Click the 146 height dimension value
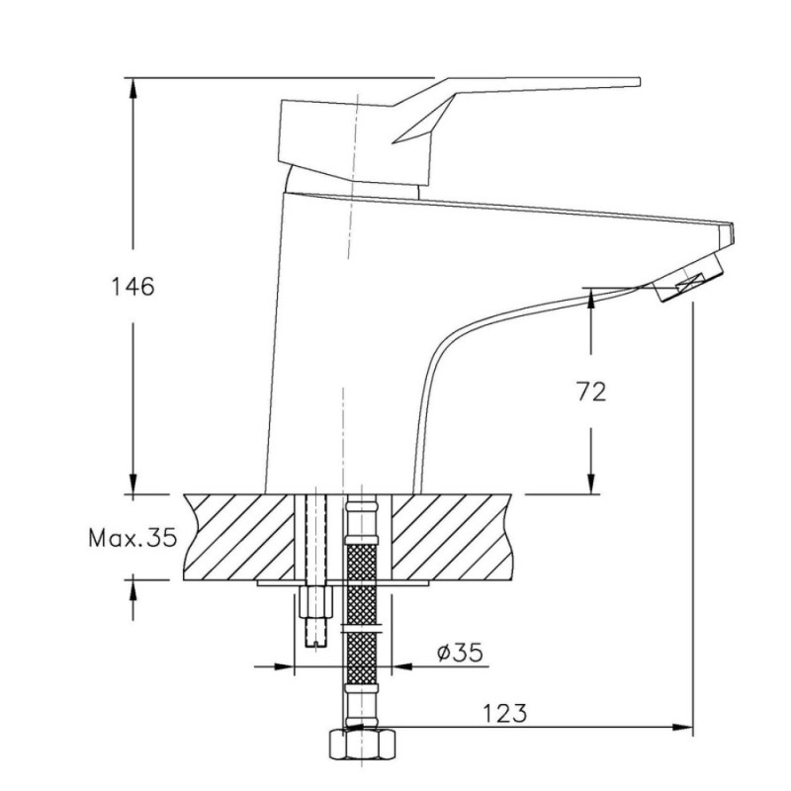(132, 287)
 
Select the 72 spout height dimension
(591, 392)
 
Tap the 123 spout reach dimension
(505, 713)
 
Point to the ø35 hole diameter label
(460, 653)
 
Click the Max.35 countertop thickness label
(133, 538)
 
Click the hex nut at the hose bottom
(362, 744)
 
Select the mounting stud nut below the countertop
(316, 601)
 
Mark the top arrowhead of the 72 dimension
(591, 299)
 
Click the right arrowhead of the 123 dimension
(683, 727)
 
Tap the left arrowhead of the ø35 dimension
(284, 666)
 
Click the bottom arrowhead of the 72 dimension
(591, 483)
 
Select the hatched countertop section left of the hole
(238, 537)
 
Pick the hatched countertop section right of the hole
(452, 537)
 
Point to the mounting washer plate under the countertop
(343, 583)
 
